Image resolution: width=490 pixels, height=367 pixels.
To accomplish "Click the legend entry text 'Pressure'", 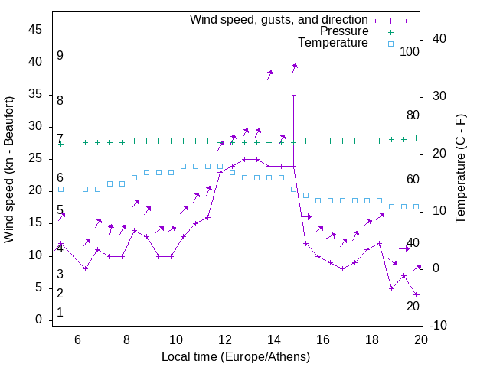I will [x=345, y=31].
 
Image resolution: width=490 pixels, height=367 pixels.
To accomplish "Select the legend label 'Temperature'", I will [x=333, y=43].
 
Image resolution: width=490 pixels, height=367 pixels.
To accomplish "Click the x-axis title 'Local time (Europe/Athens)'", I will [x=236, y=356].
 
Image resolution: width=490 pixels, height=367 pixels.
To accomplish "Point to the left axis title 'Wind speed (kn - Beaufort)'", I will [x=9, y=170].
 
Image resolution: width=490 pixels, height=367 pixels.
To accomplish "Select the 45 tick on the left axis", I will [x=35, y=30].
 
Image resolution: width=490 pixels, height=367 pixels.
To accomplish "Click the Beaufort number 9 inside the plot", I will [x=60, y=57].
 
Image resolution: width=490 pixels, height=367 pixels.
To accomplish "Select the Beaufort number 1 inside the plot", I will [x=60, y=313].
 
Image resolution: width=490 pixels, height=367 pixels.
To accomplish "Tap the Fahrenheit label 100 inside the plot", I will [x=410, y=52].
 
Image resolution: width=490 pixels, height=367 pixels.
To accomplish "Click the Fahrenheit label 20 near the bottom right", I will [x=413, y=307].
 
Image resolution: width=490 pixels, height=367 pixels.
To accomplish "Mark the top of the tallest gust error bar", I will [x=293, y=96].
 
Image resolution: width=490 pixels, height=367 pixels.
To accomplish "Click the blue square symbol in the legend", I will [x=390, y=44].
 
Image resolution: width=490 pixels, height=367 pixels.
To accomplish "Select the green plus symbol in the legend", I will [x=390, y=31].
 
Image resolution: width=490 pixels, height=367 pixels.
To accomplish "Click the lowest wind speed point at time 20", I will [x=416, y=294].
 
